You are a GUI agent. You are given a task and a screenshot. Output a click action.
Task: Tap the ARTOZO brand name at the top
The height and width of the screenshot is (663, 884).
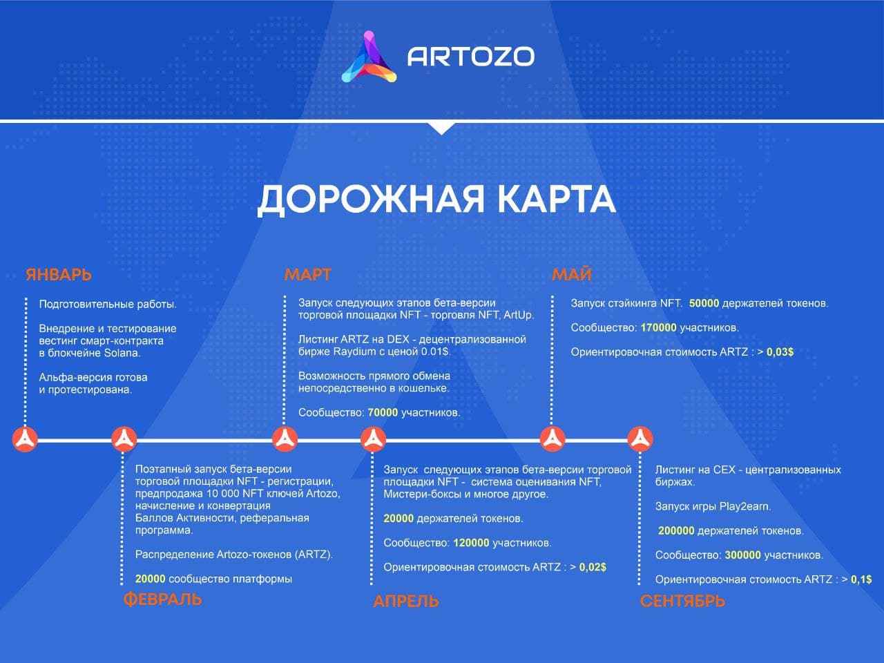471,57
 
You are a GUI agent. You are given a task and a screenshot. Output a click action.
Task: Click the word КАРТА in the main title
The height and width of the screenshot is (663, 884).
556,199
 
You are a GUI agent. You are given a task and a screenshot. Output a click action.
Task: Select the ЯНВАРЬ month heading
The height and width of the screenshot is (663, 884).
59,275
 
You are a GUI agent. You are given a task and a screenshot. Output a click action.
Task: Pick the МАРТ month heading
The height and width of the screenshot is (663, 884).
308,275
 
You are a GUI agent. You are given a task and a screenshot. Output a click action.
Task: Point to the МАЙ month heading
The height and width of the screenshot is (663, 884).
571,275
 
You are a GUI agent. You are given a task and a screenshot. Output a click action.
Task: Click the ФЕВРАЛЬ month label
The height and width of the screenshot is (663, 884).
162,599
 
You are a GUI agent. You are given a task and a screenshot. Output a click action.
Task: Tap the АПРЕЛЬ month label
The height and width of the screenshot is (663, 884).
406,602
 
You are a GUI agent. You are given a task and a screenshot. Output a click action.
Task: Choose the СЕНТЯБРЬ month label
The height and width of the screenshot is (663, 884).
682,602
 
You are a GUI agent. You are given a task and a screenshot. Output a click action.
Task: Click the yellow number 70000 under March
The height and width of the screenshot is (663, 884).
383,412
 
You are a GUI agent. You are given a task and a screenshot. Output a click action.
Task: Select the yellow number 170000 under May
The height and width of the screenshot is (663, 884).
658,327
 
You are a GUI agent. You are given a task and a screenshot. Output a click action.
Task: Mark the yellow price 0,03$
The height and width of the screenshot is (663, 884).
780,352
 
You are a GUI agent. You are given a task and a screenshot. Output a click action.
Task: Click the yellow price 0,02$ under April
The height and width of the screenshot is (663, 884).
593,567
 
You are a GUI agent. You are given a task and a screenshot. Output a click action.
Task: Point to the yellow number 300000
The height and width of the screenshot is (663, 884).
743,555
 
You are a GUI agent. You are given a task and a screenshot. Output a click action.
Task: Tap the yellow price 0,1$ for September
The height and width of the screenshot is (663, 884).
861,579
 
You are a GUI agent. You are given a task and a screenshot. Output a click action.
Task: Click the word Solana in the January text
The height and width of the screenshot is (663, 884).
122,353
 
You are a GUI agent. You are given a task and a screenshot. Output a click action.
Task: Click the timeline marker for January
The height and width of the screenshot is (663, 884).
25,439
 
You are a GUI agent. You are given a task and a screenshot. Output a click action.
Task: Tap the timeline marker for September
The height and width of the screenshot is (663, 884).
640,439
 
